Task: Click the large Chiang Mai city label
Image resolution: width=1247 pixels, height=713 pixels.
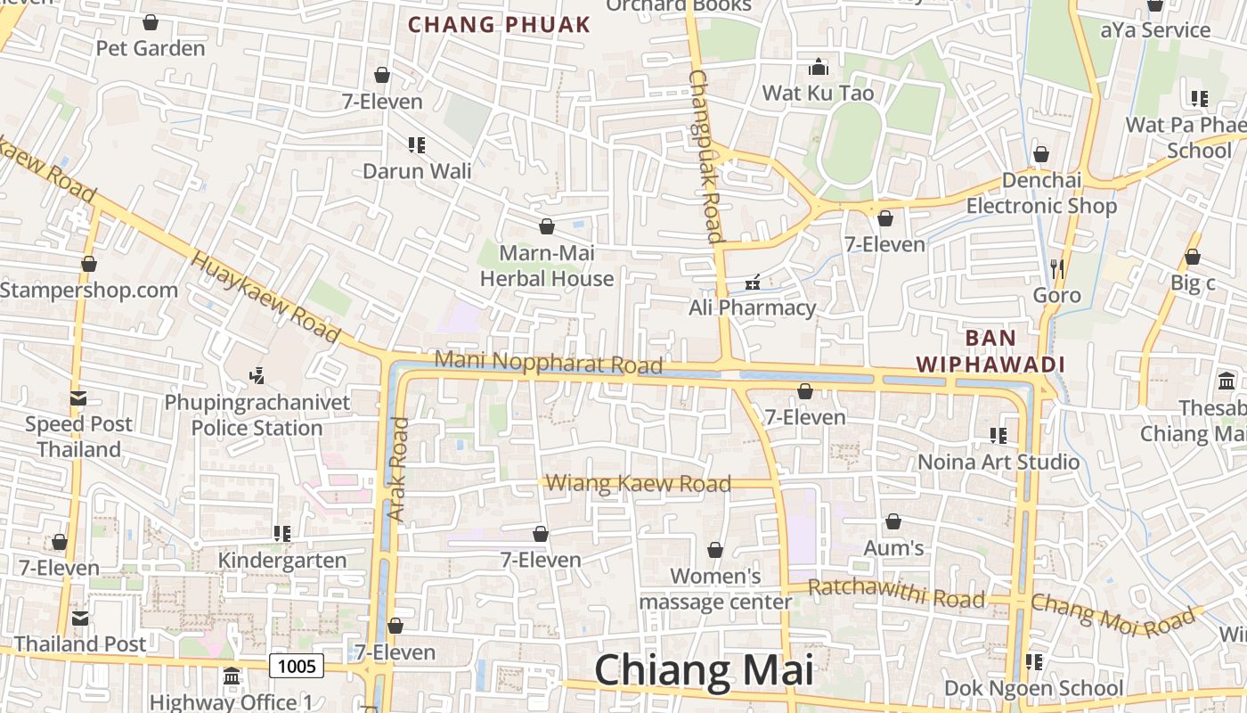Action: pos(704,670)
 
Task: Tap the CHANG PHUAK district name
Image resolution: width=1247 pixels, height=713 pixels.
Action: pos(499,25)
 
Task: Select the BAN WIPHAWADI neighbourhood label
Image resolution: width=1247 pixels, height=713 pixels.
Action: pos(990,351)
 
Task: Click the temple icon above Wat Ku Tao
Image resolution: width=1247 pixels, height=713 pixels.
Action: pos(818,68)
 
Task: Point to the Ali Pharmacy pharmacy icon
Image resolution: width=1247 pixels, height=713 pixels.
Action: pos(753,283)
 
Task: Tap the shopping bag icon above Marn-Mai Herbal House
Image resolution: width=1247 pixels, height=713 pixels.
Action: pos(546,227)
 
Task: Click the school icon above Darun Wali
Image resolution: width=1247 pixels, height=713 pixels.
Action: pos(416,144)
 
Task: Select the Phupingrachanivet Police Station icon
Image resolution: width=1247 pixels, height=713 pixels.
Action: pos(257,376)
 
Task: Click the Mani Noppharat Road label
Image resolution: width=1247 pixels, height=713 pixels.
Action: pos(549,363)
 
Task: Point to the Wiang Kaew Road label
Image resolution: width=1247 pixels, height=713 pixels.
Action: pos(638,484)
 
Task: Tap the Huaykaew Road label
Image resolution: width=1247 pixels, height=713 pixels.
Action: pos(266,298)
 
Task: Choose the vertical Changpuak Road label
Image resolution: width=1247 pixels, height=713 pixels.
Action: pos(704,156)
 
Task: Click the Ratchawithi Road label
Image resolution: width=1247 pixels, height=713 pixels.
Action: pos(896,594)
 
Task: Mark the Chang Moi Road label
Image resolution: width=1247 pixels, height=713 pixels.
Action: pos(1113,614)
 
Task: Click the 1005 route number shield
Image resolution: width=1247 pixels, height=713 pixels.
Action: pos(297,665)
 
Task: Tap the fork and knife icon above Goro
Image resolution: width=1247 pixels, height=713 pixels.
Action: pos(1057,267)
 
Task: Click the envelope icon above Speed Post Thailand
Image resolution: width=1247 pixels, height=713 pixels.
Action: pos(78,398)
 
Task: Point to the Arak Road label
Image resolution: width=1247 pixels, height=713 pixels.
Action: pos(398,469)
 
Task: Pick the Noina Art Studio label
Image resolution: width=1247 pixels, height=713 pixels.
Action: pos(998,462)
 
